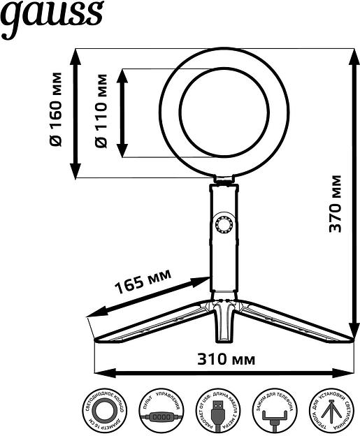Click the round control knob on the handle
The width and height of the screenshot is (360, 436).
click(224, 225)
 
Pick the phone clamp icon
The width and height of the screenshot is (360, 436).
click(275, 412)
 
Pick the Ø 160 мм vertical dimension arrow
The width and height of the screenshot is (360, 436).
click(75, 112)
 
